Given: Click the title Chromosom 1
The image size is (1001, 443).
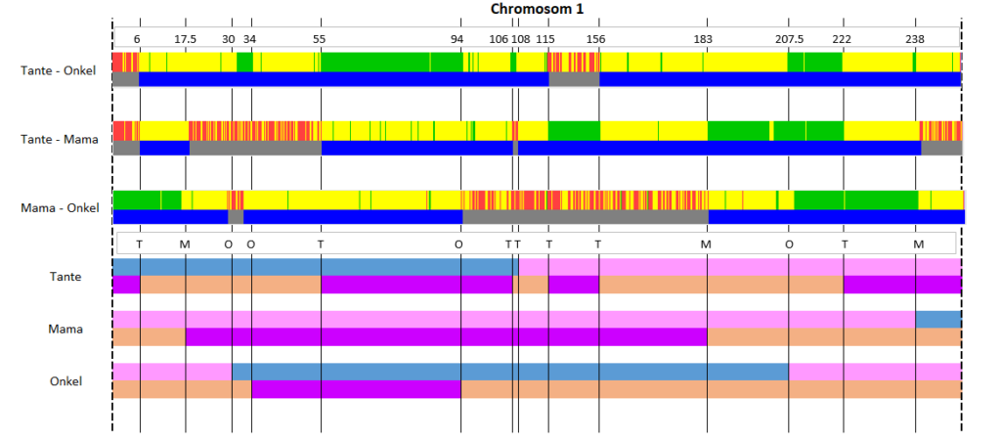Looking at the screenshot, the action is [537, 9].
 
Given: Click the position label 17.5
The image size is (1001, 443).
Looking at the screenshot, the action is [185, 38].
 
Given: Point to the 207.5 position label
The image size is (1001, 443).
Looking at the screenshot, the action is [790, 38].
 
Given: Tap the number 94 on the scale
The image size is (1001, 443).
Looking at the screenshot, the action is [457, 38].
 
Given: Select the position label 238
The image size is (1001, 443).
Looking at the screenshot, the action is [915, 38].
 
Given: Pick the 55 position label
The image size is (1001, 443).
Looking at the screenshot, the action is [320, 38].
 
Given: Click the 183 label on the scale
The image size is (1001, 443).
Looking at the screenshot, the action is [703, 38].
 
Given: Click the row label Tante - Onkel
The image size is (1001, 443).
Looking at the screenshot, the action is [58, 70].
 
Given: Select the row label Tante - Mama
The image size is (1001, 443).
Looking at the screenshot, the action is [60, 139].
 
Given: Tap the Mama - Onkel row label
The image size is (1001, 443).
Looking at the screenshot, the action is [60, 208].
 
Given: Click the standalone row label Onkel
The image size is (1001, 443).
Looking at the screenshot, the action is [65, 381].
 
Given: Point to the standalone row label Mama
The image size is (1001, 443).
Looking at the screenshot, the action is [65, 330].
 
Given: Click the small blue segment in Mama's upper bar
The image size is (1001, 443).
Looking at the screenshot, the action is [938, 319].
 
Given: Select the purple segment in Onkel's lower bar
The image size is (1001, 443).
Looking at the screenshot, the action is [356, 389].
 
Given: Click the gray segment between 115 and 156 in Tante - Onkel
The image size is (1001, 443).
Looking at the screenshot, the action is [574, 79].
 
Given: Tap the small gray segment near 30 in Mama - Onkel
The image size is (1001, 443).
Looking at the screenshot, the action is [236, 217].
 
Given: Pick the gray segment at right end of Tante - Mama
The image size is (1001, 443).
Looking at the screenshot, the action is [941, 148].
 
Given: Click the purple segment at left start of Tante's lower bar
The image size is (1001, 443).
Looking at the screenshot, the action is [126, 285].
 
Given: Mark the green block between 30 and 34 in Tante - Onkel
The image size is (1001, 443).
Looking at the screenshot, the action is [244, 62].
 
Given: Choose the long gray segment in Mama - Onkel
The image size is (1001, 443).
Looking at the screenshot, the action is [586, 217].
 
